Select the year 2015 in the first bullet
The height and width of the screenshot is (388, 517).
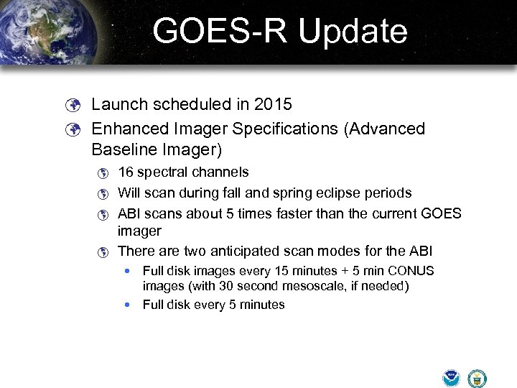273,104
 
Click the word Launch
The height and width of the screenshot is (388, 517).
118,104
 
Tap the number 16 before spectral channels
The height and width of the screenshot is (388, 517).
126,172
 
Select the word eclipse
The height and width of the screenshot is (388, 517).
338,193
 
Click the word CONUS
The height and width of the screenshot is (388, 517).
411,271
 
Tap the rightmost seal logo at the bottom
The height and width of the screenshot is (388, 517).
477,378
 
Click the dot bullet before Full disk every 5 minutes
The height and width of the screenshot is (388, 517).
127,305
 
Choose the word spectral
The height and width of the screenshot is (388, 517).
166,172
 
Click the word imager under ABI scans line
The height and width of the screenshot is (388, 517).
139,231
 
